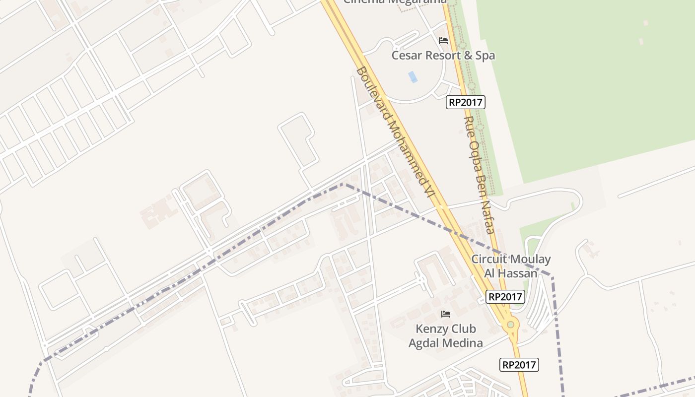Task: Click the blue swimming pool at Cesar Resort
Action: pos(413,77)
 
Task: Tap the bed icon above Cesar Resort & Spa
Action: pos(443,41)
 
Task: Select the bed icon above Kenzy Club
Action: pos(446,314)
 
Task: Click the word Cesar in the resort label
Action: pos(407,55)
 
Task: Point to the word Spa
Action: pos(485,55)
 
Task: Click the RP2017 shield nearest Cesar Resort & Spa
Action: pos(466,102)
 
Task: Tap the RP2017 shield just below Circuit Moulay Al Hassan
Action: pos(505,297)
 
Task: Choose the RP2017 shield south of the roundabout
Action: pos(519,365)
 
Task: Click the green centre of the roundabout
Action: pos(510,325)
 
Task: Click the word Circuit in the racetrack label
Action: pos(489,259)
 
